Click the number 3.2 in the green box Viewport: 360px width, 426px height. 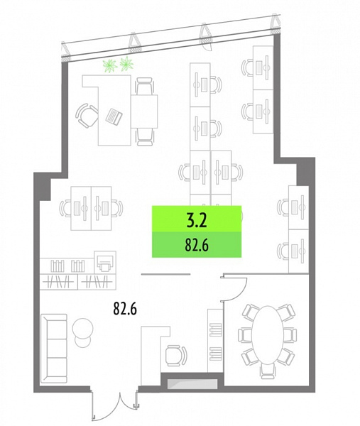[x=197, y=220]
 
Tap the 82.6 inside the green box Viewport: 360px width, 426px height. [x=197, y=245]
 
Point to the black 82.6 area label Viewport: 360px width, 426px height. [x=125, y=308]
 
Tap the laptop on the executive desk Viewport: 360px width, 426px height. [x=114, y=116]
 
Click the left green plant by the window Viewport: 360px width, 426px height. [x=110, y=65]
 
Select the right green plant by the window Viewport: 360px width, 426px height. [x=126, y=63]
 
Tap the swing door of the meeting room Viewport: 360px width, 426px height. [x=234, y=289]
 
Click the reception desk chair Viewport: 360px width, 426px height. [x=176, y=356]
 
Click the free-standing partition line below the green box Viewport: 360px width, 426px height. [x=165, y=274]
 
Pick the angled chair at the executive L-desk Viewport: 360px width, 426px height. [x=87, y=116]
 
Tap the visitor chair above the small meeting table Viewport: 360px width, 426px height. [x=144, y=86]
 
